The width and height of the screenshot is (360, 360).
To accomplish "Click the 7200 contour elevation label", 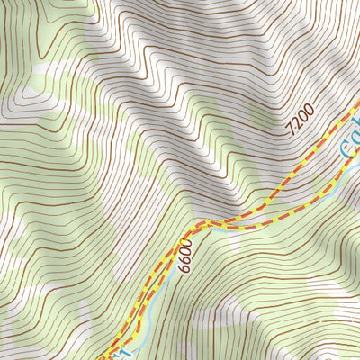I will pos(300,120).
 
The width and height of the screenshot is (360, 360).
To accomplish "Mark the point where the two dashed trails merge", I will pos(203,222).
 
